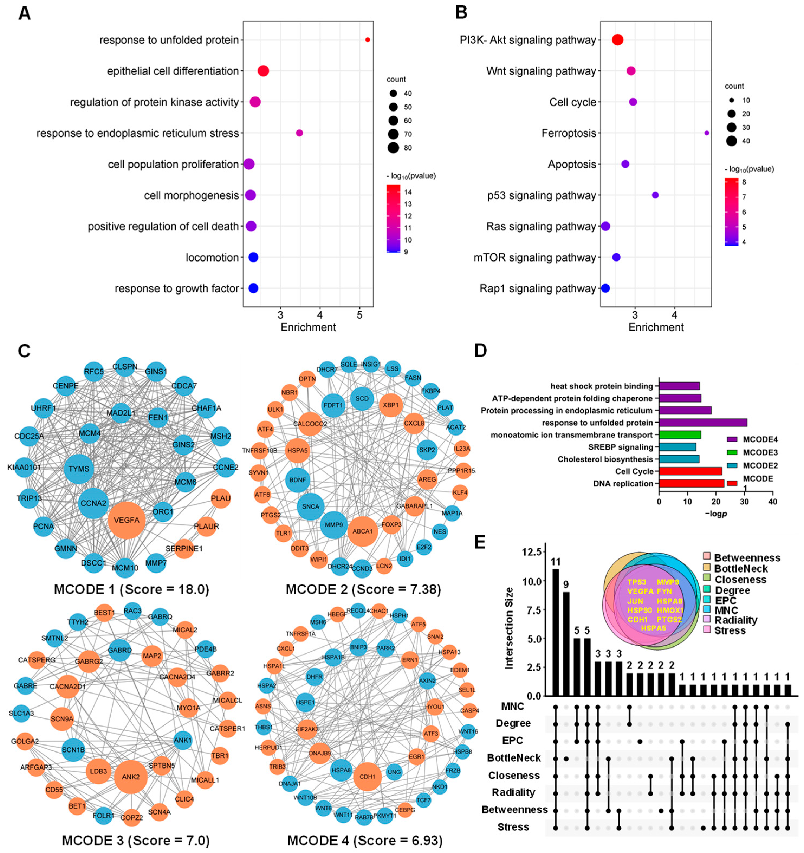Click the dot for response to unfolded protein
click(367, 40)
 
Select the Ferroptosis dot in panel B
click(706, 133)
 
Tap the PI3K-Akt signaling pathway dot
click(617, 40)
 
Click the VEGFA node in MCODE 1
click(127, 520)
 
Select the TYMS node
click(79, 469)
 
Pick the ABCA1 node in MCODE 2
click(363, 531)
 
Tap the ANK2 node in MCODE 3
click(131, 777)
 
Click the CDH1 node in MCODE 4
click(367, 777)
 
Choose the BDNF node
click(297, 480)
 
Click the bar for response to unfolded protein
click(703, 423)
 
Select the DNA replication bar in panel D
click(691, 483)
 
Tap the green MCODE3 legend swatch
click(732, 452)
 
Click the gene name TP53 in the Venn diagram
click(637, 582)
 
